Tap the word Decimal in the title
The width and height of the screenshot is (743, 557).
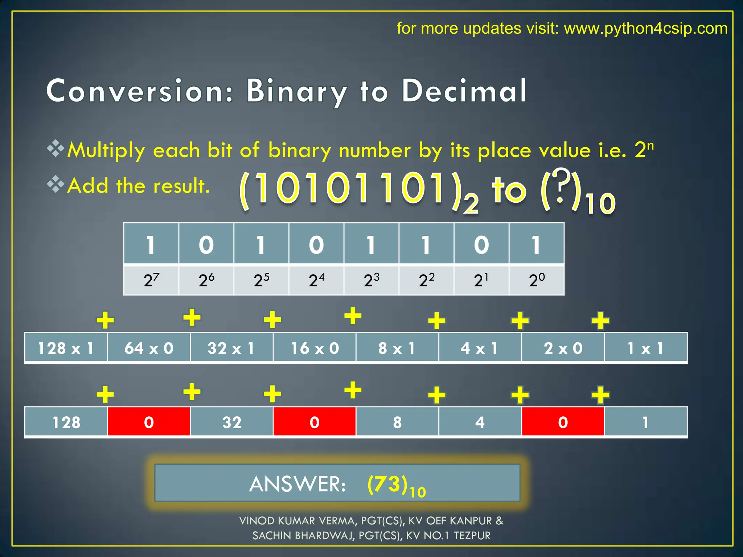click(x=464, y=91)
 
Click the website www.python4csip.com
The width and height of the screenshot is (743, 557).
click(x=645, y=28)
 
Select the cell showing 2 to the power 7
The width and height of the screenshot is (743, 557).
click(x=151, y=280)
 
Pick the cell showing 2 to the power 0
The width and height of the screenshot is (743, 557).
click(x=537, y=280)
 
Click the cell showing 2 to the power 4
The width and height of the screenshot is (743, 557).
click(x=316, y=280)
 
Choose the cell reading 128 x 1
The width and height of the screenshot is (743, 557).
click(x=66, y=348)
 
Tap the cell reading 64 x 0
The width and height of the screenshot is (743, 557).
click(x=149, y=348)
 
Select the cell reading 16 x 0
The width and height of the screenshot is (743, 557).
click(x=315, y=348)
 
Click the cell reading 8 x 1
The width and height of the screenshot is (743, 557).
click(x=397, y=348)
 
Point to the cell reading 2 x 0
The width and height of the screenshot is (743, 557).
click(x=563, y=348)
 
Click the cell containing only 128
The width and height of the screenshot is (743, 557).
click(x=66, y=422)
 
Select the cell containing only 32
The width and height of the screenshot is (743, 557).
click(x=232, y=422)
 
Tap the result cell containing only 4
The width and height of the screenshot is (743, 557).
click(x=480, y=422)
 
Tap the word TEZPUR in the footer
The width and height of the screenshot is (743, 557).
click(x=472, y=536)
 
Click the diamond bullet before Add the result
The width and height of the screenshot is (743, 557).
click(x=56, y=184)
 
